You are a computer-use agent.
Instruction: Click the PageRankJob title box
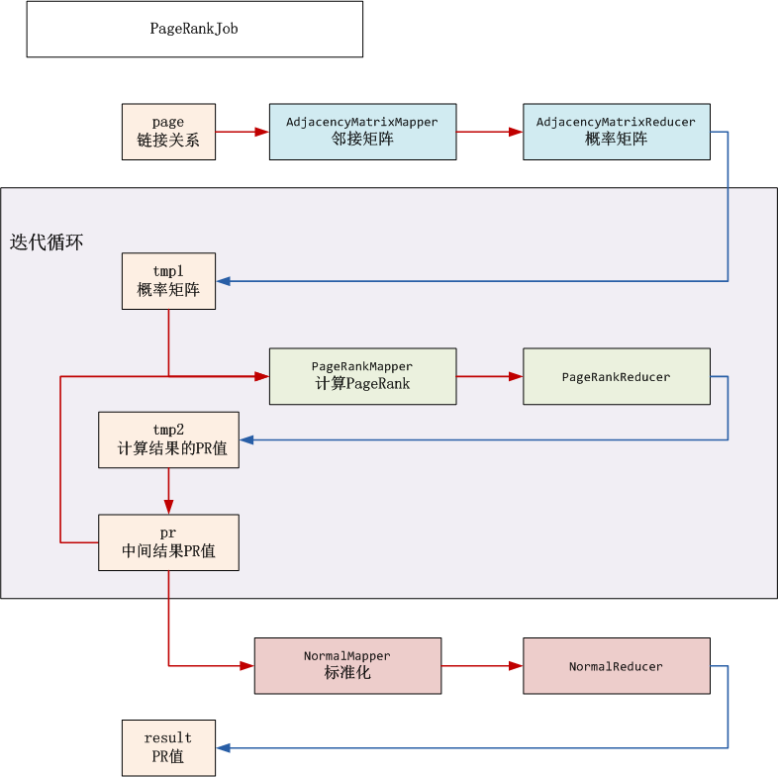point(194,29)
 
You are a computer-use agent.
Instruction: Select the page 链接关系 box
point(168,132)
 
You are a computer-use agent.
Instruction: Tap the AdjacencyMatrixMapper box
point(362,132)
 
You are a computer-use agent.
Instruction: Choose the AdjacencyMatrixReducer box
point(616,132)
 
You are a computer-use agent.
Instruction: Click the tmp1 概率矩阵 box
point(168,281)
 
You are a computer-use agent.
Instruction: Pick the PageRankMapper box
point(362,376)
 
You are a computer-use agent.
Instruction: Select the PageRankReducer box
point(616,376)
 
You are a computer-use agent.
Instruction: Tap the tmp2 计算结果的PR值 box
point(168,439)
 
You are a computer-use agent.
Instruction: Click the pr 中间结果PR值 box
point(168,542)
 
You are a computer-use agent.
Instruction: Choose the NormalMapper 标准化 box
point(347,665)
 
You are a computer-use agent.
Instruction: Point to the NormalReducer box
point(616,665)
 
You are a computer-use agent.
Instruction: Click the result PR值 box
point(168,747)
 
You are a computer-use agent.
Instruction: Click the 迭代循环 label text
point(47,243)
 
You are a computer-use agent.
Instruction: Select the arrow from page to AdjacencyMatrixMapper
point(243,132)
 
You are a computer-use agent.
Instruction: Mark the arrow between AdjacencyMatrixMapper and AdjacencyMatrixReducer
point(489,132)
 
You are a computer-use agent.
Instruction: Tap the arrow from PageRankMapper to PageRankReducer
point(489,376)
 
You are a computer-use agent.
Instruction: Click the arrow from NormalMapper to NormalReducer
point(481,665)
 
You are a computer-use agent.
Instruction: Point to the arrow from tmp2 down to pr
point(168,491)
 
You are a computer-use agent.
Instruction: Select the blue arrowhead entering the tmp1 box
point(224,281)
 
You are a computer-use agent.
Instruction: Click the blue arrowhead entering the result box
point(224,747)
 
